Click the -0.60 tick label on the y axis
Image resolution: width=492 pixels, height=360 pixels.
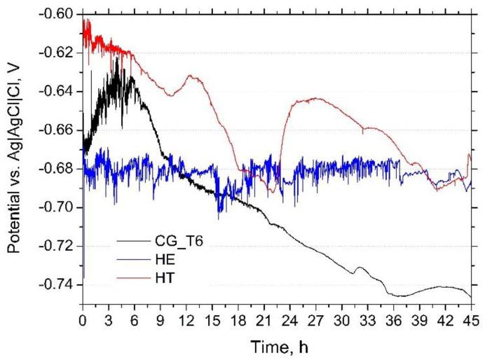tap(58, 15)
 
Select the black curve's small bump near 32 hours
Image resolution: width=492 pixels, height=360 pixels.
tap(360, 267)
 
